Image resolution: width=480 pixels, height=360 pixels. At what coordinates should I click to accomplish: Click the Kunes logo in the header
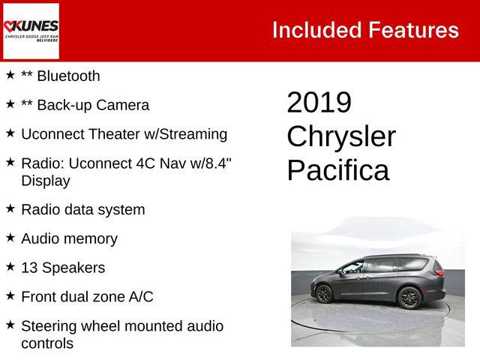pyautogui.click(x=31, y=31)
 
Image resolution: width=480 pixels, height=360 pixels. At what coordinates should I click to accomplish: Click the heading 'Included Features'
pyautogui.click(x=364, y=30)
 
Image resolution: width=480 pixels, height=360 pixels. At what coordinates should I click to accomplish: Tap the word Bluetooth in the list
pyautogui.click(x=68, y=76)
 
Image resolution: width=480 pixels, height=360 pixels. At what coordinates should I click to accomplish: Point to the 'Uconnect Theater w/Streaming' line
pyautogui.click(x=124, y=134)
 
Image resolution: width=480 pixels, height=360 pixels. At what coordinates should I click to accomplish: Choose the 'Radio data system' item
pyautogui.click(x=82, y=209)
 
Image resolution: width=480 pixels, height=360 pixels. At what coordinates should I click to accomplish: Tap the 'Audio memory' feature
pyautogui.click(x=69, y=238)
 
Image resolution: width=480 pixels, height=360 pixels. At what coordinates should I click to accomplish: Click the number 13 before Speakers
pyautogui.click(x=29, y=268)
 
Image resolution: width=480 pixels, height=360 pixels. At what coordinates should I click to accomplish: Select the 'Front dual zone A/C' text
pyautogui.click(x=87, y=297)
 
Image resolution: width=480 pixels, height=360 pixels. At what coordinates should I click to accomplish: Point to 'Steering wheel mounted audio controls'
pyautogui.click(x=121, y=334)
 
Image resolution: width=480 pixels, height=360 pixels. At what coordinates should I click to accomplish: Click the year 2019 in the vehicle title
pyautogui.click(x=319, y=103)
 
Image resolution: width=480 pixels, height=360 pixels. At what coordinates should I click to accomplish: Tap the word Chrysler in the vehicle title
pyautogui.click(x=341, y=136)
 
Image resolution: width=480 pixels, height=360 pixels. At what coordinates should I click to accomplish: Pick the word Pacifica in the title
pyautogui.click(x=338, y=170)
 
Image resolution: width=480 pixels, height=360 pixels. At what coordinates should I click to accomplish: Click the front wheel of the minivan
pyautogui.click(x=324, y=294)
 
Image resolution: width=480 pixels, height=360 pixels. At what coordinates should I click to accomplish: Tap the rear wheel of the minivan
pyautogui.click(x=409, y=297)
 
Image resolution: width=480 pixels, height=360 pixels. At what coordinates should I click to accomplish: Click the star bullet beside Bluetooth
pyautogui.click(x=10, y=75)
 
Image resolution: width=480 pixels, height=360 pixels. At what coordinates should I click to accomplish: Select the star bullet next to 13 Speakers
pyautogui.click(x=10, y=267)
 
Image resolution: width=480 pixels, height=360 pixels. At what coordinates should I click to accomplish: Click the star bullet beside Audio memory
pyautogui.click(x=10, y=238)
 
